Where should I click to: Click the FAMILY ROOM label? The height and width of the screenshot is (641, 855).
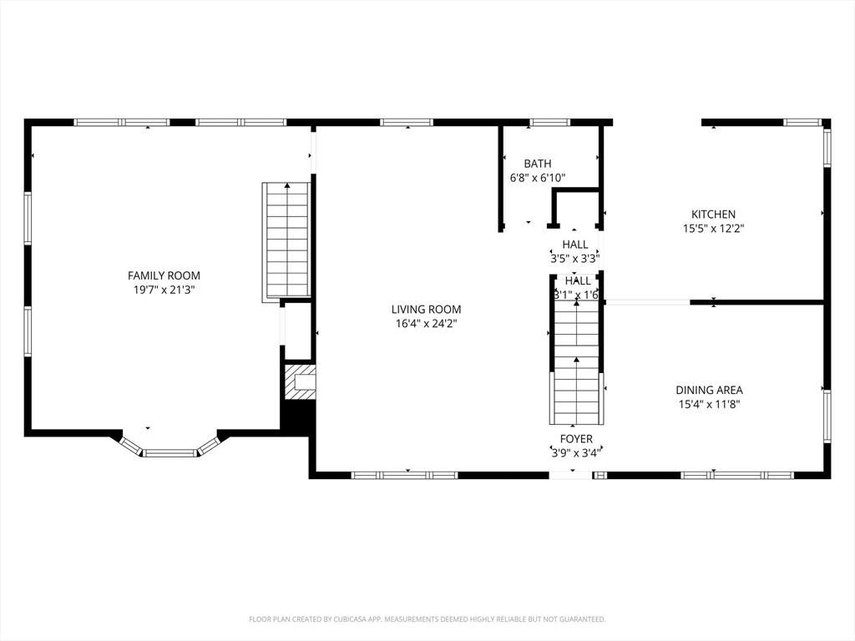(x=164, y=275)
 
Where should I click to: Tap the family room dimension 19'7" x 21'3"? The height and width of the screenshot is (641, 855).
(x=164, y=290)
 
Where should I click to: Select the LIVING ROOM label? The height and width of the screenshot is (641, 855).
(x=427, y=310)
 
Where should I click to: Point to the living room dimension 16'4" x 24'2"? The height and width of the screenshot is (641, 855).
(x=427, y=324)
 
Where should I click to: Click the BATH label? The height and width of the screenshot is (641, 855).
(x=538, y=164)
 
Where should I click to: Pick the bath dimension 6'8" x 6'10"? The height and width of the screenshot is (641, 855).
(x=538, y=178)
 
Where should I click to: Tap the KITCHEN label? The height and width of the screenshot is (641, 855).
(x=713, y=215)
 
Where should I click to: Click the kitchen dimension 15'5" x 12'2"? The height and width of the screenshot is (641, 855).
(x=713, y=229)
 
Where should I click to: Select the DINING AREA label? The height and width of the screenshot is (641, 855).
(x=710, y=391)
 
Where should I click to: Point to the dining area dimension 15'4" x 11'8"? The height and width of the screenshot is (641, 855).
(x=710, y=405)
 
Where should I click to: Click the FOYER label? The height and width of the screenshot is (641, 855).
(x=576, y=439)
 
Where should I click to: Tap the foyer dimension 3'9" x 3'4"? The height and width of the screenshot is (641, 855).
(x=576, y=453)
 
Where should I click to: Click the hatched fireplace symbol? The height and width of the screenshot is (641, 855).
(x=301, y=382)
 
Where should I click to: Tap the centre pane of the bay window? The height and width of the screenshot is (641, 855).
(x=170, y=453)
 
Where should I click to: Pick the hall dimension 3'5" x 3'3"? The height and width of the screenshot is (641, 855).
(x=575, y=259)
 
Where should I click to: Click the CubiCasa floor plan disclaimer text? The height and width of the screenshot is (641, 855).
(x=427, y=619)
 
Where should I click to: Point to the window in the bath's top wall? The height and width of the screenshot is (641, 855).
(x=549, y=123)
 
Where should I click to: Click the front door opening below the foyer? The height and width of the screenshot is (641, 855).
(x=570, y=475)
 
